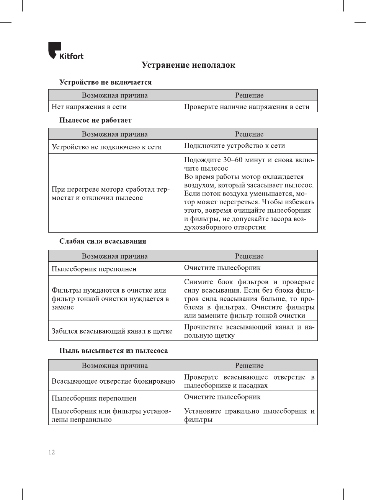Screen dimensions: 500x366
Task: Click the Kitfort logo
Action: coord(65,51)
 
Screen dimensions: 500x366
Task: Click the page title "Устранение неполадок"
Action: coord(188,65)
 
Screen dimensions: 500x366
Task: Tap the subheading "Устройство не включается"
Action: coord(105,82)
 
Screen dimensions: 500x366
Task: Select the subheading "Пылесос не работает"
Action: coord(95,120)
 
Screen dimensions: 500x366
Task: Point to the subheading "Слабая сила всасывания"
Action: coord(103,241)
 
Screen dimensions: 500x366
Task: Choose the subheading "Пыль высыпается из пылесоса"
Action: coord(113,351)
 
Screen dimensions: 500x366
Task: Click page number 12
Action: coord(52,452)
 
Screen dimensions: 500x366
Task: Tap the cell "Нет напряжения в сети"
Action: coord(89,107)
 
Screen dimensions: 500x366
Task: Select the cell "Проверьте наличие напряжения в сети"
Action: coord(247,107)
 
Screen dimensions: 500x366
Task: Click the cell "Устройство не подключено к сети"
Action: coord(106,147)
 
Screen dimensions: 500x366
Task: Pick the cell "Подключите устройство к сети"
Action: coord(234,146)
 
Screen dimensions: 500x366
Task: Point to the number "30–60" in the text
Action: coord(232,160)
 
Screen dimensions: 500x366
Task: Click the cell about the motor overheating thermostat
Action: coord(110,194)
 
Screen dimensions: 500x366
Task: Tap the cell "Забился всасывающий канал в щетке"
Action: coord(112,331)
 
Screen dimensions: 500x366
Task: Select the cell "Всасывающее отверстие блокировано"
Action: coord(113,381)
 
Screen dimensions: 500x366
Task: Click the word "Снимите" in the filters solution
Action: coord(198,282)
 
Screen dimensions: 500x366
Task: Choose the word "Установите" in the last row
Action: coord(202,411)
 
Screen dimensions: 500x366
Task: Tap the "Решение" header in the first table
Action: coord(249,95)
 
